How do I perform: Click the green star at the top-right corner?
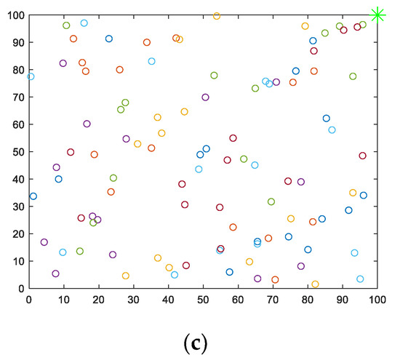[377, 15]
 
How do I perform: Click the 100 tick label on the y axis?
[13, 15]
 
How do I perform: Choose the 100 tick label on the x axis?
[377, 298]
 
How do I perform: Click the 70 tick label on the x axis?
[272, 298]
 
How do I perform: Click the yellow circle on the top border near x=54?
[217, 16]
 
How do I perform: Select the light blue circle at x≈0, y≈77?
[31, 76]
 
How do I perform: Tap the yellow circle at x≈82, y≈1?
[315, 284]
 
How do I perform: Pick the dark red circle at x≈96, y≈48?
[362, 156]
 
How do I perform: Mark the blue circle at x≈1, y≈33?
[33, 196]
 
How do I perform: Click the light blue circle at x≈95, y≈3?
[360, 279]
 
